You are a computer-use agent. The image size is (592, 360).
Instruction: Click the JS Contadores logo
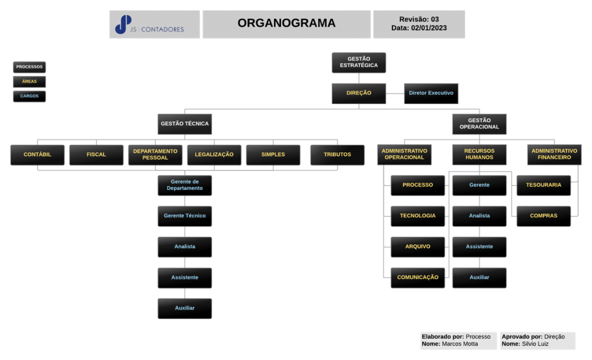149,24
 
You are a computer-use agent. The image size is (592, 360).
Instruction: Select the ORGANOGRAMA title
286,23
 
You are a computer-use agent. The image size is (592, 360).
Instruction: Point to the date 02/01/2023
428,28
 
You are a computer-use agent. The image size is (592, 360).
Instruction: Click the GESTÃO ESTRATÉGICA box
358,62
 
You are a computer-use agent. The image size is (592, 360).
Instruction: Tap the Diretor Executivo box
431,93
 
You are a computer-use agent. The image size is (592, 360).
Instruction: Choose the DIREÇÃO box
358,93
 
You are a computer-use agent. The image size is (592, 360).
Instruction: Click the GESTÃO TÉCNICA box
184,124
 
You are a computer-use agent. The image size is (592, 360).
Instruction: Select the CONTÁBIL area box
38,155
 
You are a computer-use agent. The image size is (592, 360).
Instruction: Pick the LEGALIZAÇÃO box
214,155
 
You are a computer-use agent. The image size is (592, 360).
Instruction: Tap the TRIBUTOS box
337,155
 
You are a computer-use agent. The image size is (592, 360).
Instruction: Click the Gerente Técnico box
184,216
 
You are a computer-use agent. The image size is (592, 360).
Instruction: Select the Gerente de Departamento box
184,185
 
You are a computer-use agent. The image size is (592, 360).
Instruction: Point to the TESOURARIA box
543,185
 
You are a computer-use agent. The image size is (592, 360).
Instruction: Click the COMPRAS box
543,216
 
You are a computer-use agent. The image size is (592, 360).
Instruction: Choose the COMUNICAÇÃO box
417,277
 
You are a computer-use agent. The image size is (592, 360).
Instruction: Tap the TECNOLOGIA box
417,216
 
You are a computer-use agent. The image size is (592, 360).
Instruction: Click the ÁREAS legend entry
29,81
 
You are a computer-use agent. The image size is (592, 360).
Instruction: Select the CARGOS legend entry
29,96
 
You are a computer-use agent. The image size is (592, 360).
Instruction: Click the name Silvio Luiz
535,344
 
